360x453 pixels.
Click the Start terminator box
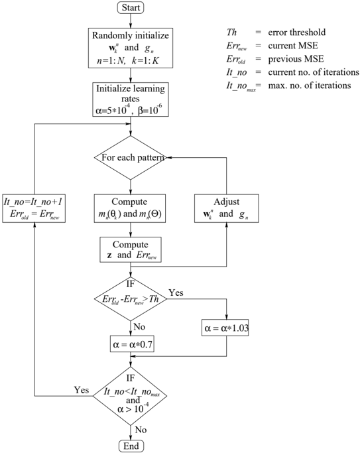click(131, 7)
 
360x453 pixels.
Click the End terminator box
click(131, 446)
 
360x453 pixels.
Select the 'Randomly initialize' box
click(131, 48)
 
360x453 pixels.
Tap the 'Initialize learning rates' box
click(131, 99)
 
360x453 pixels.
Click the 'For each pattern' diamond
click(131, 158)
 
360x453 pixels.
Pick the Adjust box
click(226, 208)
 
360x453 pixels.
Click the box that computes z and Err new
click(131, 249)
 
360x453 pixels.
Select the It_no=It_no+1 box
click(34, 208)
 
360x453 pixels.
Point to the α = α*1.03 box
click(225, 328)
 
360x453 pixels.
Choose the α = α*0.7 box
click(132, 344)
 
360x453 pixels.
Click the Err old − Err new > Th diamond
click(131, 298)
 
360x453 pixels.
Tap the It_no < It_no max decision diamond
click(130, 396)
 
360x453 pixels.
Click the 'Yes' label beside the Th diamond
click(176, 292)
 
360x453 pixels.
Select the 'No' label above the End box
click(141, 430)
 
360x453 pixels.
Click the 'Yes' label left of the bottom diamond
click(82, 390)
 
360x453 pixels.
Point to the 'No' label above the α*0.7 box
click(139, 327)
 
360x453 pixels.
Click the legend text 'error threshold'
click(297, 32)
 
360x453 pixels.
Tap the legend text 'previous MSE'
click(296, 59)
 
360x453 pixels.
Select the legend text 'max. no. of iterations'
click(310, 86)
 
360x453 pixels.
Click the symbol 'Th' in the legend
click(231, 32)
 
